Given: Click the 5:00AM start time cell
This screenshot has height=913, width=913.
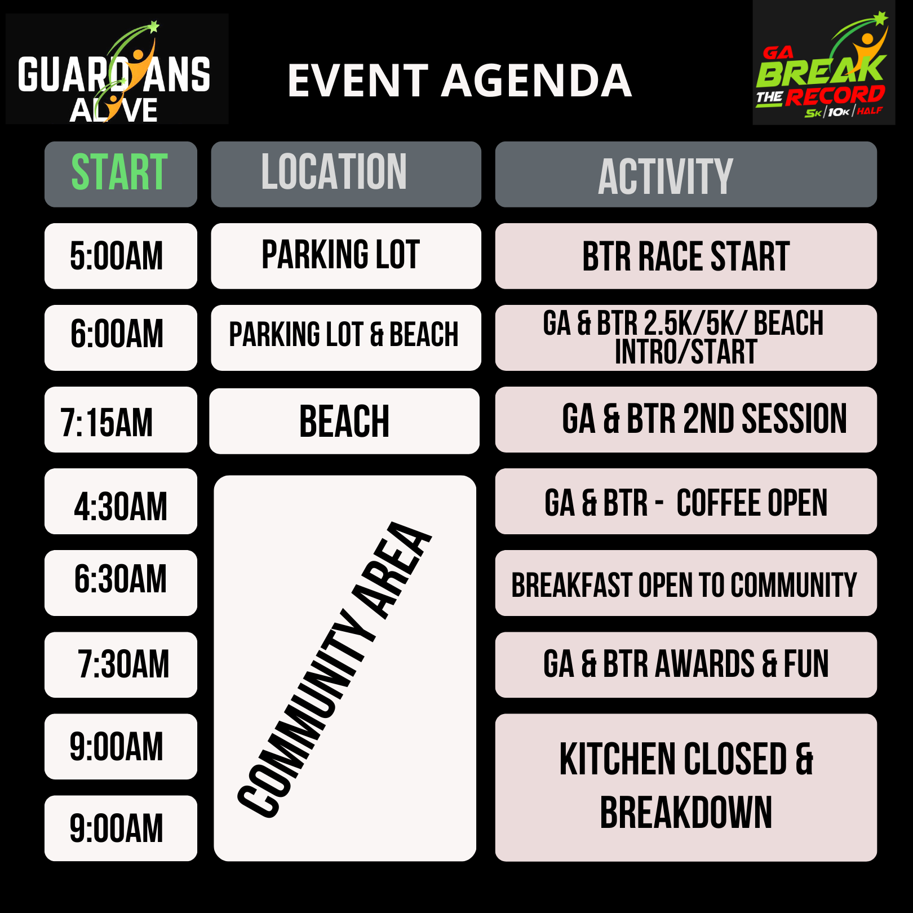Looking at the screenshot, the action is (x=121, y=256).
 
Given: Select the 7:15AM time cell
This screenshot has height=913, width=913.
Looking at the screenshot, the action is (x=121, y=419).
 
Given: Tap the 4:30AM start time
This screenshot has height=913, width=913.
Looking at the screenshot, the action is (x=121, y=501).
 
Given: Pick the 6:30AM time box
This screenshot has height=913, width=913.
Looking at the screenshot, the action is (x=121, y=583).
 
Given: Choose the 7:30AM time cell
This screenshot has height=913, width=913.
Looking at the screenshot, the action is (x=121, y=664).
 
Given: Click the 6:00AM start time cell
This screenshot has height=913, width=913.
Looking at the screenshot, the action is (x=121, y=338).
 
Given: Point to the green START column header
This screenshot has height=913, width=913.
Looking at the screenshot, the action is (x=121, y=174).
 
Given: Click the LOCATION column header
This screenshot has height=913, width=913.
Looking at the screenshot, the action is (x=346, y=174).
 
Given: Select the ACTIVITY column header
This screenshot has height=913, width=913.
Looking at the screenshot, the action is (x=686, y=174).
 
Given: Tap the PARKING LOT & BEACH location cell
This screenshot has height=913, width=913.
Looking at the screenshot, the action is (x=346, y=338).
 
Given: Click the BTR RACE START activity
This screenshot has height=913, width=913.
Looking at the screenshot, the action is (x=686, y=256).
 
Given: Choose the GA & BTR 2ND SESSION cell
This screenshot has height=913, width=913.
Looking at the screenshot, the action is (x=686, y=419).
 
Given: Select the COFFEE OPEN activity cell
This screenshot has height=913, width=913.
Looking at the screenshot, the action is (x=686, y=501).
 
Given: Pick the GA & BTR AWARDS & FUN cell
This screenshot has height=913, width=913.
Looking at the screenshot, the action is (x=686, y=664).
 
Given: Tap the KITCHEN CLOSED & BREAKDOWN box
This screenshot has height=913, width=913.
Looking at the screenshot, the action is (x=686, y=787).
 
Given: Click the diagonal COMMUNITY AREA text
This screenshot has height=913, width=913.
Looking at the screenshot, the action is (x=334, y=669).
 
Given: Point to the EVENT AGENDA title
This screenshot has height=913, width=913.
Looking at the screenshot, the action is (x=459, y=80).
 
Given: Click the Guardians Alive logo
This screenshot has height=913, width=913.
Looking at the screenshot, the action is (x=117, y=69).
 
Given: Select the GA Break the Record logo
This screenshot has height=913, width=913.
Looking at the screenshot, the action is (x=824, y=63).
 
